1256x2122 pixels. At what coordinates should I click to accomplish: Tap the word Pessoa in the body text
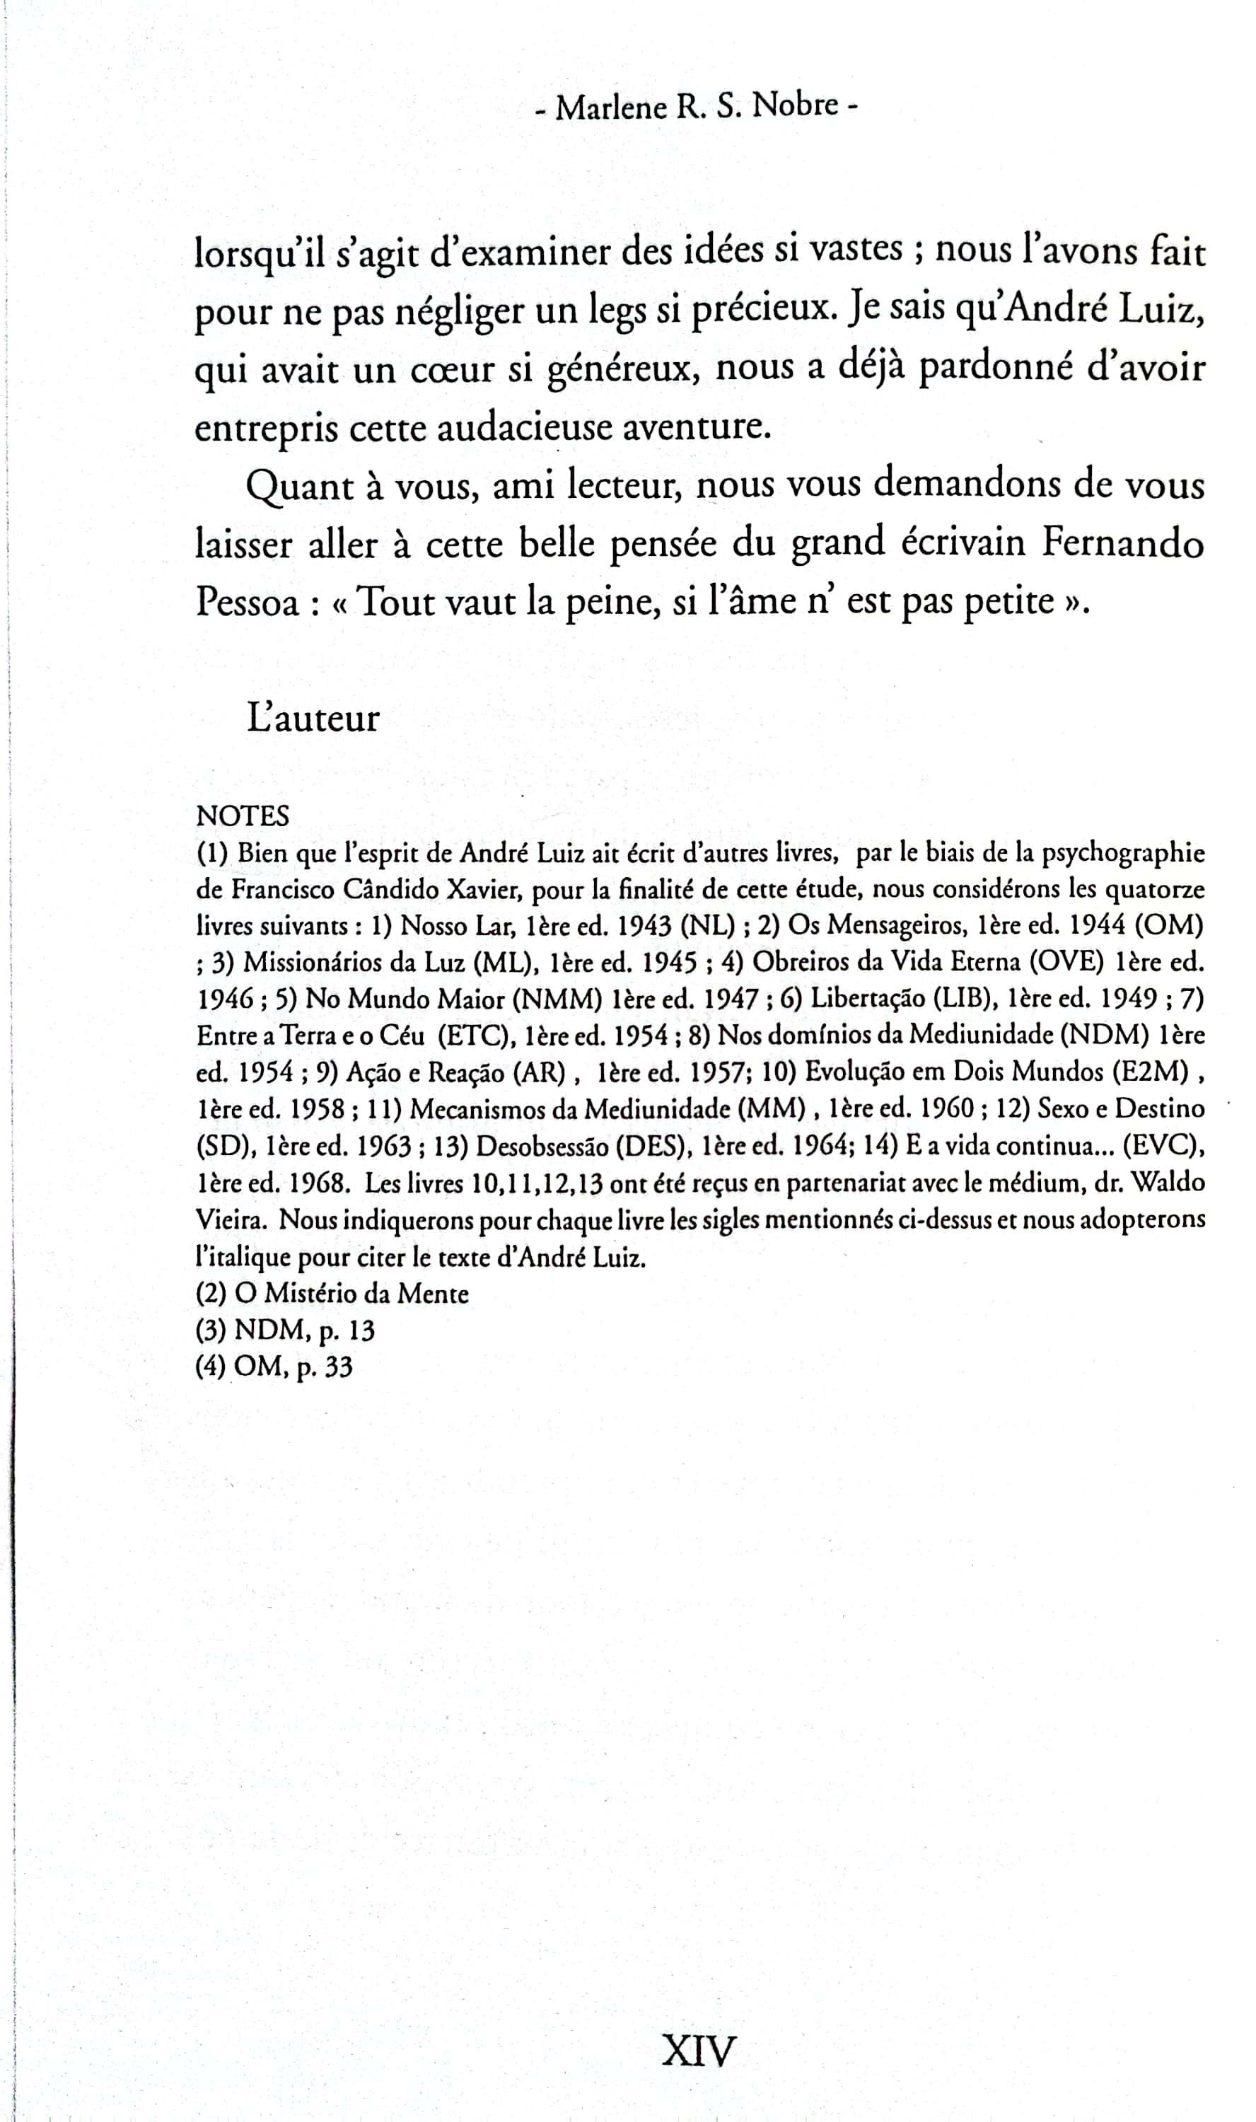click(x=246, y=603)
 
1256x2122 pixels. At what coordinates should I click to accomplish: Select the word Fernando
click(x=1122, y=543)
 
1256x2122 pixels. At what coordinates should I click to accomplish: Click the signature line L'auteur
click(x=313, y=719)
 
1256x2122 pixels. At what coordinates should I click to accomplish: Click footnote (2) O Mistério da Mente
click(x=332, y=1293)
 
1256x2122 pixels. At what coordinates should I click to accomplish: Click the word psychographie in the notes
click(x=1122, y=852)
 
